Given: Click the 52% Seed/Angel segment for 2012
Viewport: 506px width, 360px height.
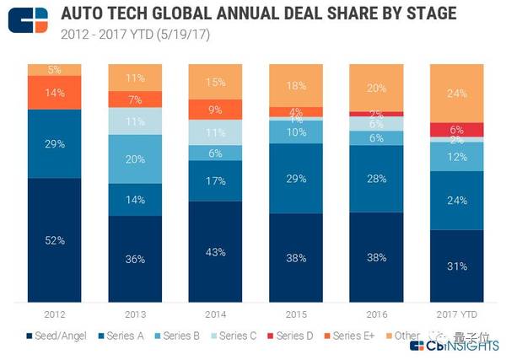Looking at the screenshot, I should [x=55, y=240].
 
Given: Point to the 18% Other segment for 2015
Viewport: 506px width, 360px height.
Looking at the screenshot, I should [x=297, y=85].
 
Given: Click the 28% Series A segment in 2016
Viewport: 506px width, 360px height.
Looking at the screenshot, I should [x=377, y=179].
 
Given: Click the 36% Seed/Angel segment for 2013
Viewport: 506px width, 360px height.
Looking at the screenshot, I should [x=136, y=259].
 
